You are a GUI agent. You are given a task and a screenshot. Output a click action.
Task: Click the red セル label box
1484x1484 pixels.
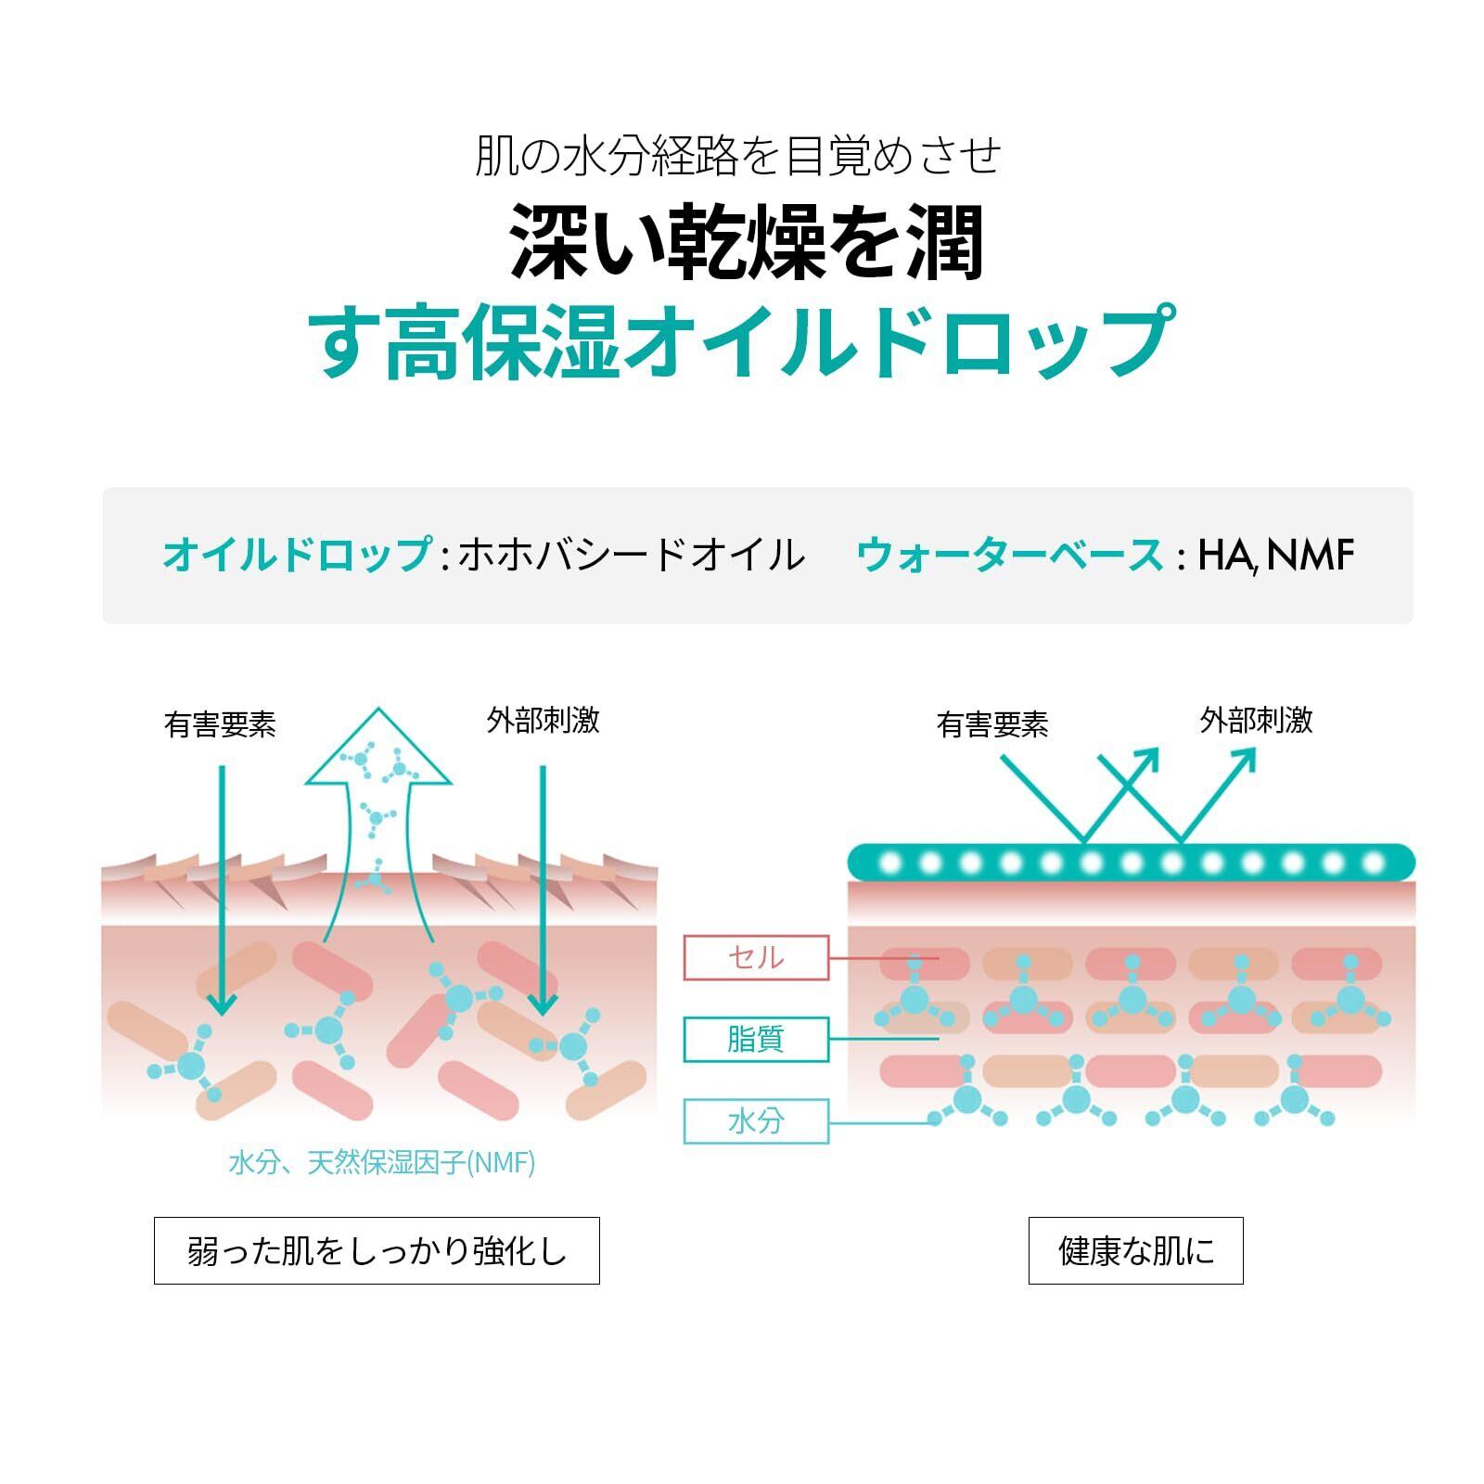click(755, 957)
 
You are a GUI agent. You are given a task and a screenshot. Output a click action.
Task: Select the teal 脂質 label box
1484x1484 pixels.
click(755, 1039)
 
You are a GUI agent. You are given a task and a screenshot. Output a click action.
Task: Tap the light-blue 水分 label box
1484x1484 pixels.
click(755, 1120)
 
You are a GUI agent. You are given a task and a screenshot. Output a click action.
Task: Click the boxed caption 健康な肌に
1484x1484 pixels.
click(1135, 1250)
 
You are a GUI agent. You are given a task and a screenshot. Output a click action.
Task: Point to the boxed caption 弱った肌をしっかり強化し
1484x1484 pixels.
click(377, 1250)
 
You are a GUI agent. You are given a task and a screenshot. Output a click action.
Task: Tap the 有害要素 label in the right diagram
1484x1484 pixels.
click(992, 724)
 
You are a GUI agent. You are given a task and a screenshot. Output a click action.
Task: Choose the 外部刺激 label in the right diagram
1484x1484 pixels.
click(1256, 721)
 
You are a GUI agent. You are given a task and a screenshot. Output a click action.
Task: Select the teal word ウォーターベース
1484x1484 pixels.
click(1009, 555)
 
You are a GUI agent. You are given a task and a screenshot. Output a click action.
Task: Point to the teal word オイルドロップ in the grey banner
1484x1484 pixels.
click(296, 555)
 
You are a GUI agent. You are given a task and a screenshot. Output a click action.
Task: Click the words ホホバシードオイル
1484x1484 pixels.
click(632, 555)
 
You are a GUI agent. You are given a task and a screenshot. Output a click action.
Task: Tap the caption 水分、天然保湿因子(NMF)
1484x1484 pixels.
click(381, 1162)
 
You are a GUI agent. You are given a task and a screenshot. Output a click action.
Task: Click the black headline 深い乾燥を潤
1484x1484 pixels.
click(747, 243)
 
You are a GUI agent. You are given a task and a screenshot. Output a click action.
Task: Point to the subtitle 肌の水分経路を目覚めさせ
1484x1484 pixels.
click(738, 156)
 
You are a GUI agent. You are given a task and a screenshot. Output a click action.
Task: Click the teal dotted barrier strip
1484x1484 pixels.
click(1132, 862)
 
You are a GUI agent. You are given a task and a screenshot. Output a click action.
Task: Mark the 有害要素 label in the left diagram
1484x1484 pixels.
click(220, 724)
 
